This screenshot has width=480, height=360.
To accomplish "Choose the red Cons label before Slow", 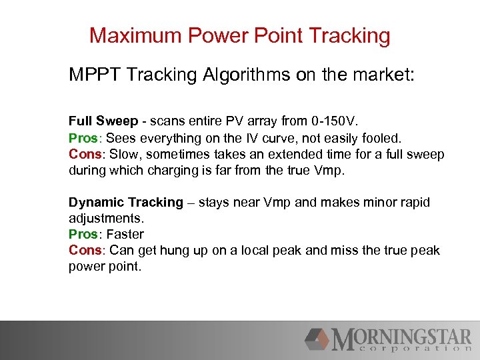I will pos(85,154).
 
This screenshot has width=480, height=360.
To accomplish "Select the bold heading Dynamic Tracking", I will pos(125,202).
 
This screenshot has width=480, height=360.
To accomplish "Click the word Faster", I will pos(125,234).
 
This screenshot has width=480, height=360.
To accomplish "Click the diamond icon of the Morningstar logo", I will pos(317,339).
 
